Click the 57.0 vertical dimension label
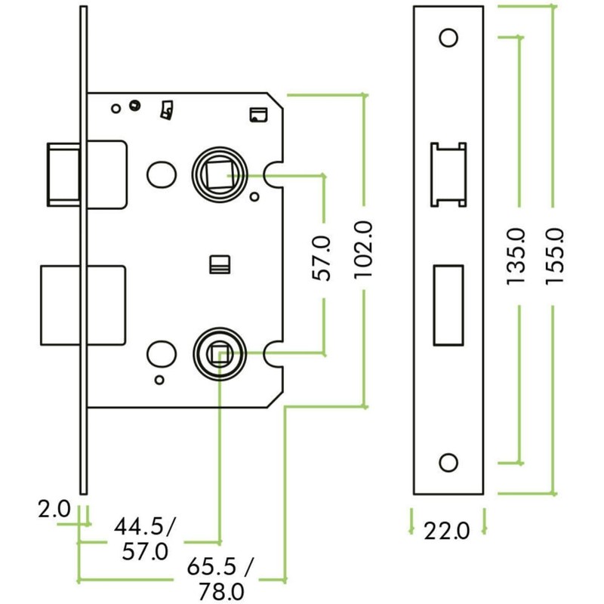pos(323,257)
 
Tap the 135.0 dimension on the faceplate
pos(516,256)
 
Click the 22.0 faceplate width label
pos(447,531)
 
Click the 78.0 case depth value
pos(220,590)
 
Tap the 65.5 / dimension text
pos(220,565)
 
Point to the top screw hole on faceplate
pos(448,37)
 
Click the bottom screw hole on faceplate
pos(448,462)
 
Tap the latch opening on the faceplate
pos(448,174)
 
